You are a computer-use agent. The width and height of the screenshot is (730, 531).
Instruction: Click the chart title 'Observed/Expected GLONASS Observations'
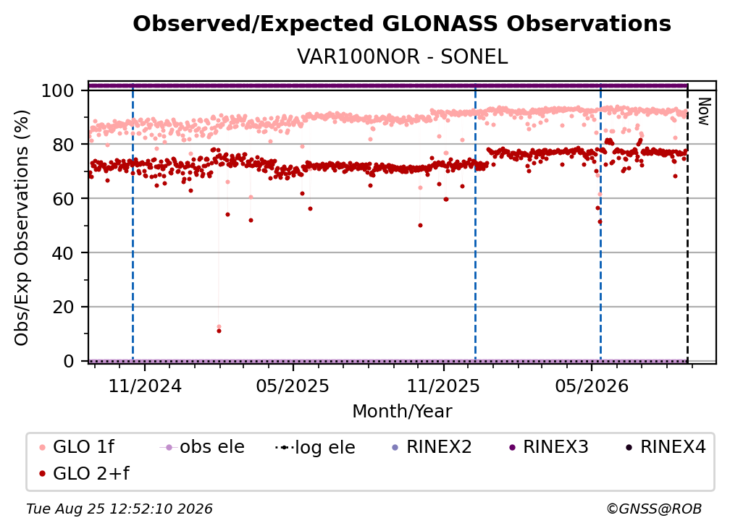pyautogui.click(x=402, y=24)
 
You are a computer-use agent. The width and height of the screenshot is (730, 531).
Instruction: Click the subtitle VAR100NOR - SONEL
pyautogui.click(x=402, y=57)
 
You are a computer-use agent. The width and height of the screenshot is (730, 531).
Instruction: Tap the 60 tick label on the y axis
pyautogui.click(x=63, y=199)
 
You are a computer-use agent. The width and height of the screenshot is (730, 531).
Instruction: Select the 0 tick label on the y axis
pyautogui.click(x=69, y=361)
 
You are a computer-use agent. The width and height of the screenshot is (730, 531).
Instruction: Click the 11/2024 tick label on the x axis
pyautogui.click(x=145, y=386)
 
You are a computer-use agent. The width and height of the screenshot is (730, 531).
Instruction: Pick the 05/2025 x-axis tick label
pyautogui.click(x=293, y=386)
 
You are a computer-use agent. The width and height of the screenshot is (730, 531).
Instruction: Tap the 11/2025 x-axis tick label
pyautogui.click(x=443, y=386)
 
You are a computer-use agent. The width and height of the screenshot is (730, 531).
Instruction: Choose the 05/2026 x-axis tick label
pyautogui.click(x=591, y=386)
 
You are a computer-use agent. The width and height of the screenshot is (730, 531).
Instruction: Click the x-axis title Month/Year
pyautogui.click(x=402, y=411)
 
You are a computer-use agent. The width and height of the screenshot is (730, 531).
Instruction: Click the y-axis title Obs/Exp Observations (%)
pyautogui.click(x=22, y=228)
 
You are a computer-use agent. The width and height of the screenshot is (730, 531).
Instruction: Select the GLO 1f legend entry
pyautogui.click(x=77, y=447)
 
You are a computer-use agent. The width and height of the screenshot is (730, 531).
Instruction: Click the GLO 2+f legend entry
pyautogui.click(x=84, y=473)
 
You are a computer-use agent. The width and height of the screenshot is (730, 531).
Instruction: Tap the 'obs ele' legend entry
pyautogui.click(x=202, y=447)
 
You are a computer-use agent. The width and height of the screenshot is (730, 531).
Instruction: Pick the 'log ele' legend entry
pyautogui.click(x=315, y=447)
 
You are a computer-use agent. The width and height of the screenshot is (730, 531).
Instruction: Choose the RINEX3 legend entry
pyautogui.click(x=549, y=447)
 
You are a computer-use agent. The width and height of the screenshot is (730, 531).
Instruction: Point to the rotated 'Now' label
pyautogui.click(x=703, y=111)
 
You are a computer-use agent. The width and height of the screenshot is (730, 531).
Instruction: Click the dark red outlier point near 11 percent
pyautogui.click(x=219, y=331)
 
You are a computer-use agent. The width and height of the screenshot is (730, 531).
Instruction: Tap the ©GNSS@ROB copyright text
pyautogui.click(x=654, y=509)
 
